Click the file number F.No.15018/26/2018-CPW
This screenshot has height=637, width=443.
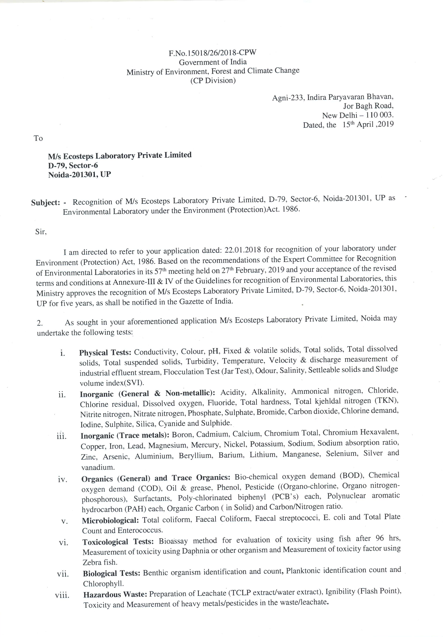(x=213, y=53)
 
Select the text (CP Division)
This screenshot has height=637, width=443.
(x=213, y=81)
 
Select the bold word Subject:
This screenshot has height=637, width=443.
(x=46, y=203)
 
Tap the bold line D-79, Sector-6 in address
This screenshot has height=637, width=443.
(x=73, y=166)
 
